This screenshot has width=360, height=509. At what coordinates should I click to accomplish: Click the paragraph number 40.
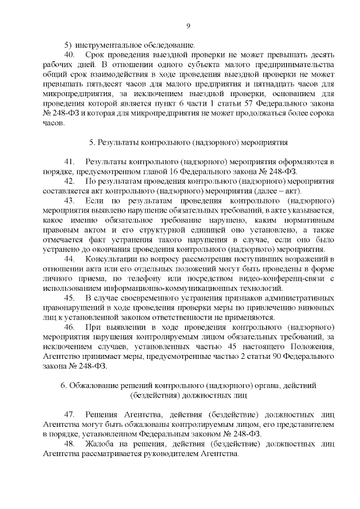(70, 55)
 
